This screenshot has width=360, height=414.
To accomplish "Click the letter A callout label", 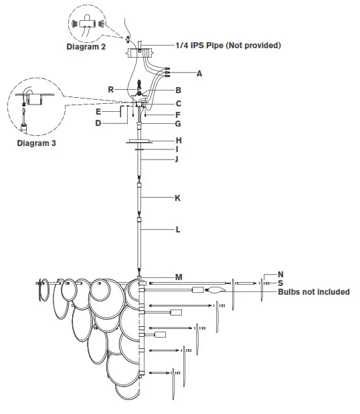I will [x=199, y=72].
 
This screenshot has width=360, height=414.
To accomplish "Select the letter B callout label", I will [x=179, y=90].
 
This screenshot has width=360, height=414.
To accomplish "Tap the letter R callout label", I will [x=110, y=89].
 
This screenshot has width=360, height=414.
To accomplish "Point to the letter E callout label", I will [x=98, y=112].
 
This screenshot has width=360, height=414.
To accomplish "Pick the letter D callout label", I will [x=98, y=123].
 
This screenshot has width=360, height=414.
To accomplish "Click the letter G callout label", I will [x=179, y=124].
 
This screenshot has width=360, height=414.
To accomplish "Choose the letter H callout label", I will [x=179, y=141].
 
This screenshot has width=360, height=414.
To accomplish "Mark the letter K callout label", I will [x=177, y=199].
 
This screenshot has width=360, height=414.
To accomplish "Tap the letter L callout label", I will [x=177, y=230].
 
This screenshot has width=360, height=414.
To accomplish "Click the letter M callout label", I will [x=179, y=277].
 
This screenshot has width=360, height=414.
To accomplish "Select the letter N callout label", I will [x=281, y=275].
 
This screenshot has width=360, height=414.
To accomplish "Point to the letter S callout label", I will [x=281, y=283].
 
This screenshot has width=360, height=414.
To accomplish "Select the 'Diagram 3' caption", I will [x=37, y=143].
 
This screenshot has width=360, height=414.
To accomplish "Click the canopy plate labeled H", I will [x=139, y=141].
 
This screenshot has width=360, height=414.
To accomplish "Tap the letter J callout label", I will [x=177, y=159].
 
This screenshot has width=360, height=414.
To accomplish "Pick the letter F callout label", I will [x=179, y=115].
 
